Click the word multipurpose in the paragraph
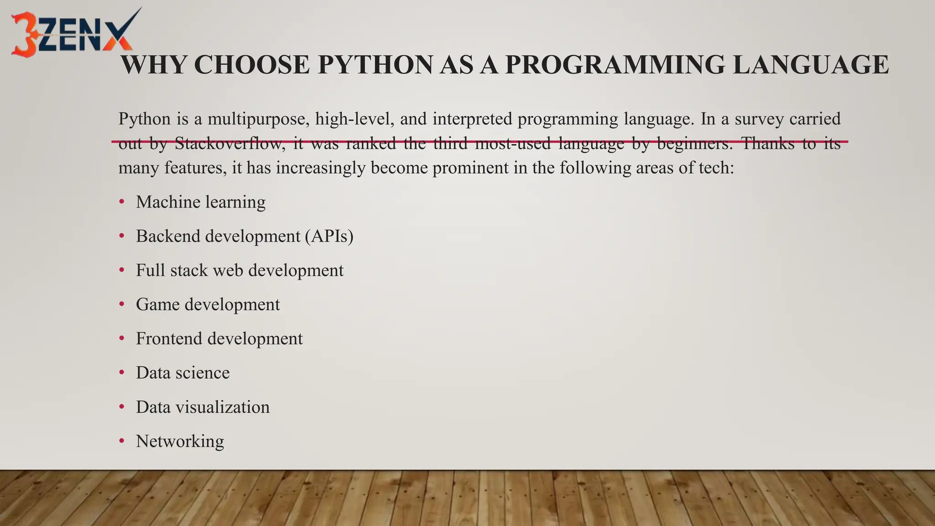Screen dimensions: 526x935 coord(256,119)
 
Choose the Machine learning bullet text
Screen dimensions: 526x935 coord(200,202)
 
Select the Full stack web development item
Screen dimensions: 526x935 coord(240,270)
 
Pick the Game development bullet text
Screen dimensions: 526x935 coord(208,305)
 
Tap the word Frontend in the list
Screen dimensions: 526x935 coord(168,339)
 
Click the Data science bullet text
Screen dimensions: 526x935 coord(183,373)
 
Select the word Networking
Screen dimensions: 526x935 coord(180,442)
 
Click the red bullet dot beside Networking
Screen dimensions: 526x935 coord(121,442)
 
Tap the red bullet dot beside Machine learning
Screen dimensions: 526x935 coord(121,202)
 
